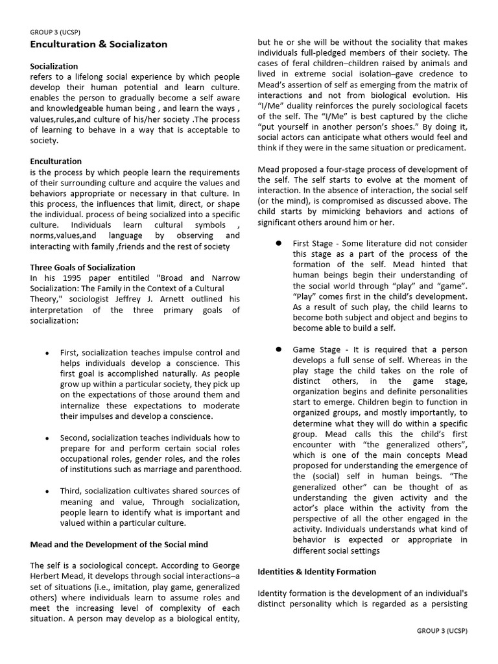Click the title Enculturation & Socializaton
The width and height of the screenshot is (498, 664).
(x=99, y=44)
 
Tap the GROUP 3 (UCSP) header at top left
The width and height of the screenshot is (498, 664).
(x=56, y=31)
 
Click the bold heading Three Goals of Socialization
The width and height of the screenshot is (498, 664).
(x=83, y=267)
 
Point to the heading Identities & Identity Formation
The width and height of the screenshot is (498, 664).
(x=316, y=571)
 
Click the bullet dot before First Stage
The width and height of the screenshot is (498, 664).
(x=278, y=243)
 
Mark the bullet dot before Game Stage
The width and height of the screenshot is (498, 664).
(x=278, y=349)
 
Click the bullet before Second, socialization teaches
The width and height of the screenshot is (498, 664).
(x=47, y=438)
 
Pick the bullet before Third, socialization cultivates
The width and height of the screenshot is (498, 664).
(x=47, y=491)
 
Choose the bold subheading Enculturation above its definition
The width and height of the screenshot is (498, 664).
(x=56, y=161)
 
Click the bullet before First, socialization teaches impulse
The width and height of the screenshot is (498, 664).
(x=47, y=353)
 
